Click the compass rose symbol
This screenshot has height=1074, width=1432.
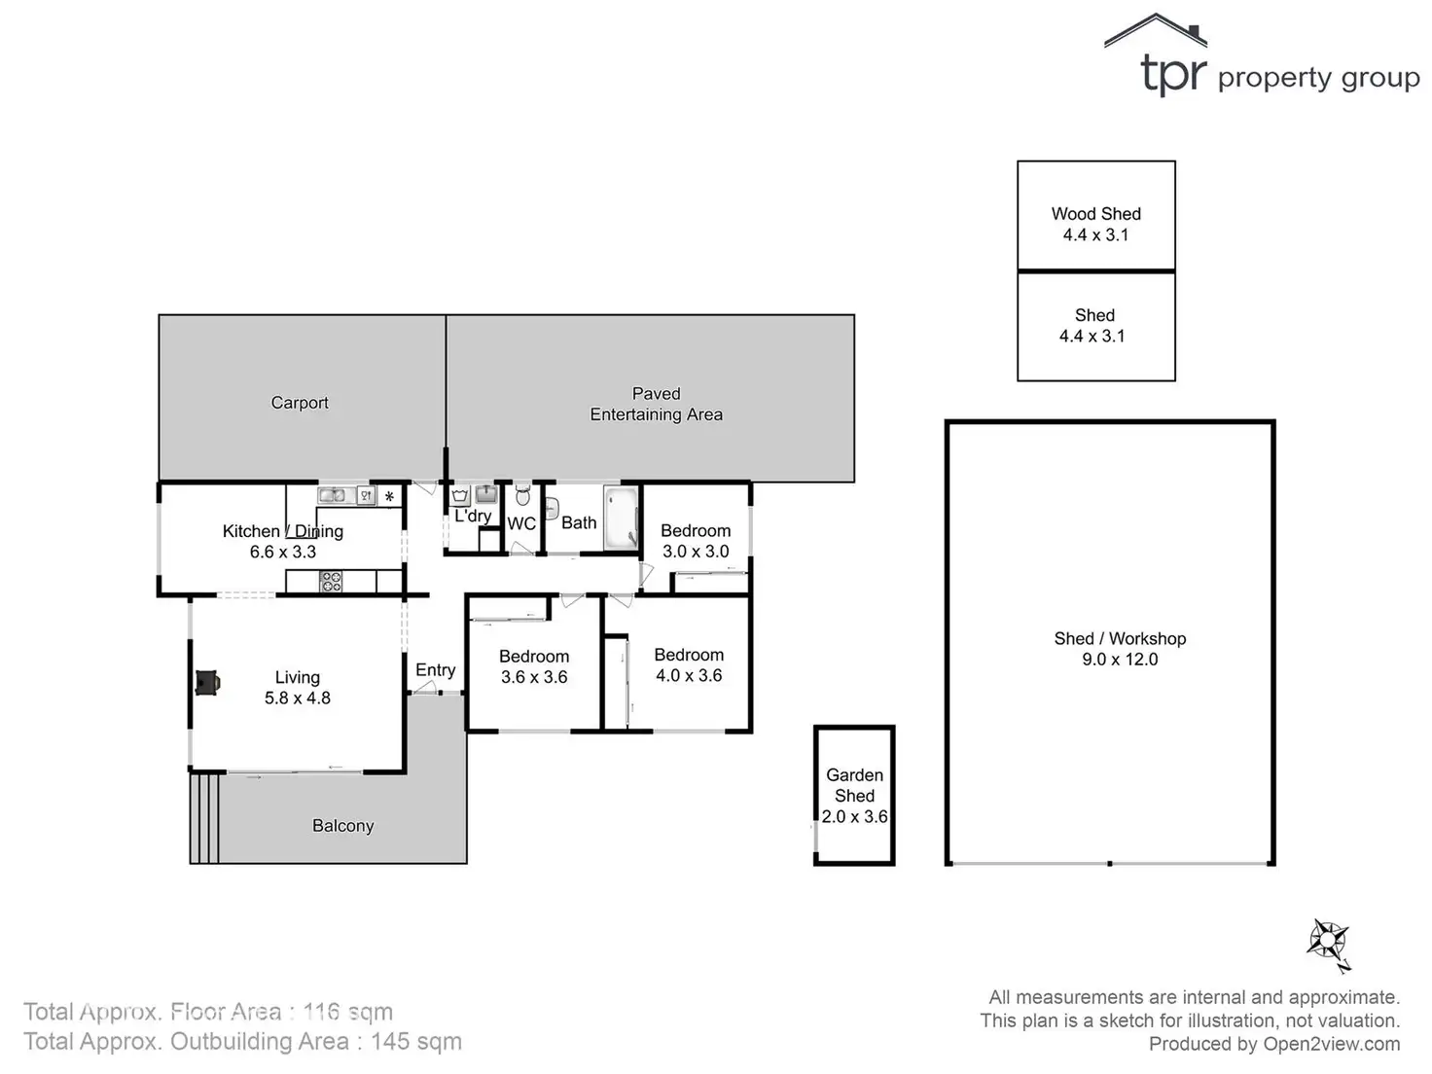(x=1328, y=942)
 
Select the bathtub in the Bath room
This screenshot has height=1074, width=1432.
(x=620, y=519)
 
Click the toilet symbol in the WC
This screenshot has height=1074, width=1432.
(x=522, y=496)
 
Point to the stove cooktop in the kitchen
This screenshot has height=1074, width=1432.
(x=332, y=582)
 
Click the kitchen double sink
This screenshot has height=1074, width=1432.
(x=333, y=496)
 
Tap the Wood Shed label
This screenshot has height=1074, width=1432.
(x=1095, y=214)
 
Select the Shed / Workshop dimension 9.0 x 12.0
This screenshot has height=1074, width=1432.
(x=1120, y=660)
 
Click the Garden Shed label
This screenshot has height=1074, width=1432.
(x=854, y=785)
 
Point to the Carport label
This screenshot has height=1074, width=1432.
(x=300, y=403)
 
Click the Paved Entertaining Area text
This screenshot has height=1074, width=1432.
(x=656, y=404)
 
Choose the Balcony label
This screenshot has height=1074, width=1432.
(x=342, y=826)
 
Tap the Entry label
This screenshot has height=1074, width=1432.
(x=435, y=670)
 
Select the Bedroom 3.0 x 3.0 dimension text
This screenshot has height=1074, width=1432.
(x=696, y=552)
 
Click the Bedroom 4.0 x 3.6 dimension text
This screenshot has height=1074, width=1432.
(x=689, y=676)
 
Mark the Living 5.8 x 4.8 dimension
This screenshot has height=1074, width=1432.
(x=298, y=698)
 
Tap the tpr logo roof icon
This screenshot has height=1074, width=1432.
(x=1156, y=31)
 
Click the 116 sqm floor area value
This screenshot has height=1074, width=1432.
(x=348, y=1012)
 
